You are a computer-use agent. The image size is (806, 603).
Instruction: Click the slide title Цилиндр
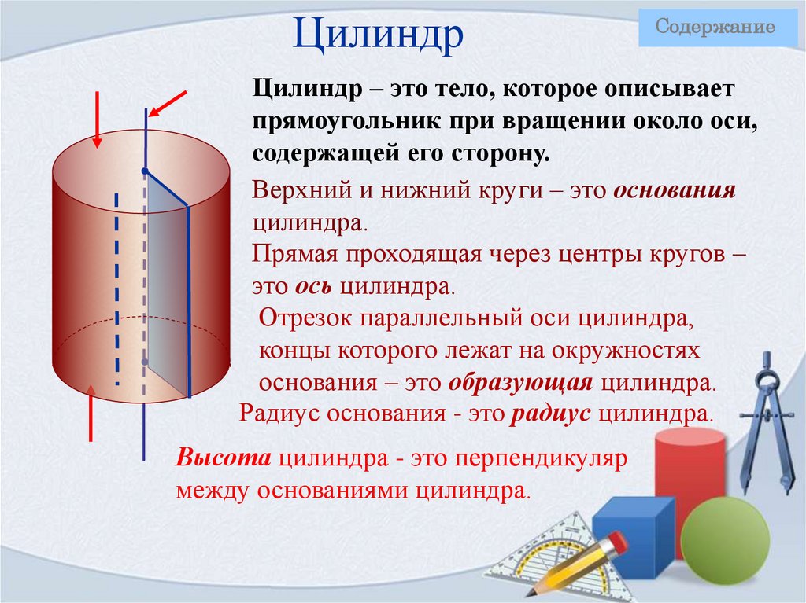(378, 37)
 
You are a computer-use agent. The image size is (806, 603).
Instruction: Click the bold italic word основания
(675, 192)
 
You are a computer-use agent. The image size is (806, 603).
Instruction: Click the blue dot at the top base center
(145, 171)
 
